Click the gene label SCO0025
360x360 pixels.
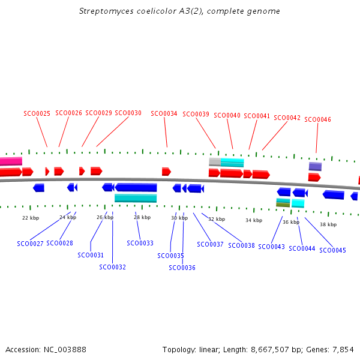(x=37, y=113)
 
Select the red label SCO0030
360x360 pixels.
(x=128, y=113)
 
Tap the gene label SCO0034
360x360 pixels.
(x=164, y=113)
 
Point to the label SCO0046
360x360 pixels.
(x=317, y=119)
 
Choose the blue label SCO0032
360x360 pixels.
(x=112, y=267)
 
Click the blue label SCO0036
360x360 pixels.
(x=182, y=268)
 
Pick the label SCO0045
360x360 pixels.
(x=332, y=250)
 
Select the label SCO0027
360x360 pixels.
(x=30, y=244)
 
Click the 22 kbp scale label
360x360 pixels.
(x=31, y=217)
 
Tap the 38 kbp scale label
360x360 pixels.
(x=328, y=224)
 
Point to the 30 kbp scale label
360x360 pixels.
(x=179, y=218)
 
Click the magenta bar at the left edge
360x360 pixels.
(x=11, y=161)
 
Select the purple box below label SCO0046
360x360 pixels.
(x=315, y=166)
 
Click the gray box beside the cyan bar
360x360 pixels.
(x=214, y=161)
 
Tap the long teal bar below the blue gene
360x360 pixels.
(x=136, y=198)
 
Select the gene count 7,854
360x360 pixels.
(x=343, y=349)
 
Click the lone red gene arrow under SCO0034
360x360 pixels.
(x=166, y=172)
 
